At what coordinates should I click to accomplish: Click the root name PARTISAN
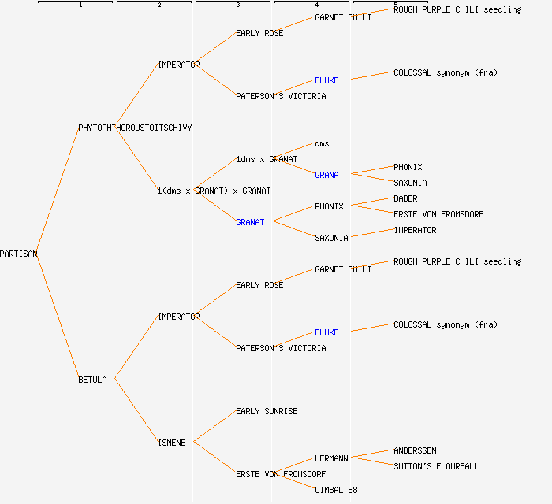point(19,254)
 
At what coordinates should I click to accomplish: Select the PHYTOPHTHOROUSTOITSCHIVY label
point(135,128)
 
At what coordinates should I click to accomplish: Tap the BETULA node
point(92,380)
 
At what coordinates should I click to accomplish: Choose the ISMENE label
point(171,443)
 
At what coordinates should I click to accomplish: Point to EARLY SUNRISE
point(267,411)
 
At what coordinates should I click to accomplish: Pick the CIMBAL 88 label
point(336,490)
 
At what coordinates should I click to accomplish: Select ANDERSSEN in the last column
point(415,450)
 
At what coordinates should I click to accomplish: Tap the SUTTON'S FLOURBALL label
point(436,466)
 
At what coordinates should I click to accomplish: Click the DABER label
point(405,198)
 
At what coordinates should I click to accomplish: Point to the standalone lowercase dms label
point(322,143)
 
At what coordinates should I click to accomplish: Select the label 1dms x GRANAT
point(267,159)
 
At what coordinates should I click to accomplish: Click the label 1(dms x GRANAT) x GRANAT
point(214,191)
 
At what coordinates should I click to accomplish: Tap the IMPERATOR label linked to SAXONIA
point(415,230)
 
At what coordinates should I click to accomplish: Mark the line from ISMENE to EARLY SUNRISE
point(214,426)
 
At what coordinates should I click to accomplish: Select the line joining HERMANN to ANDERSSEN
point(371,454)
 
